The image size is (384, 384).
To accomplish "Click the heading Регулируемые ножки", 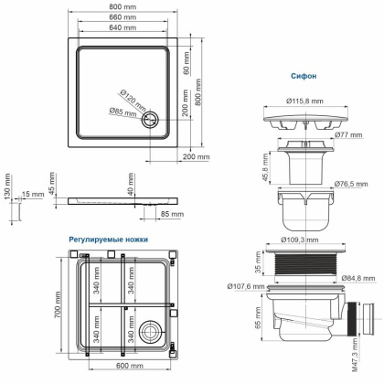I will tap(109, 240).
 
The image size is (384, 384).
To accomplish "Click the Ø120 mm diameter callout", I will tap(131, 98).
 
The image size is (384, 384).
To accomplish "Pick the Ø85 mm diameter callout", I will tap(130, 115).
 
